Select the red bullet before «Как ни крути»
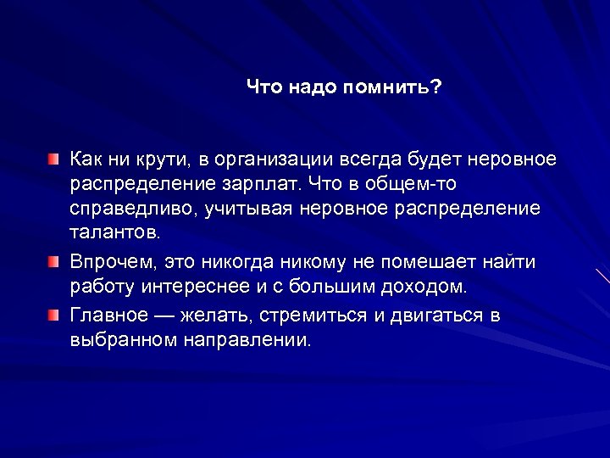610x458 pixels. click(x=53, y=159)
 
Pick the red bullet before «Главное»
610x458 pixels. click(x=53, y=316)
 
